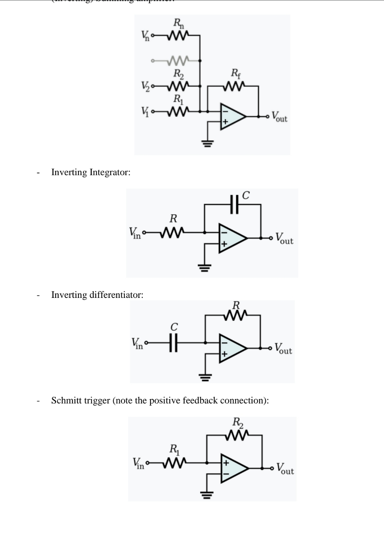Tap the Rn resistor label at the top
click(x=178, y=23)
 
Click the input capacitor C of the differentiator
click(x=174, y=343)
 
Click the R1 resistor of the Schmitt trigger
click(x=174, y=463)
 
